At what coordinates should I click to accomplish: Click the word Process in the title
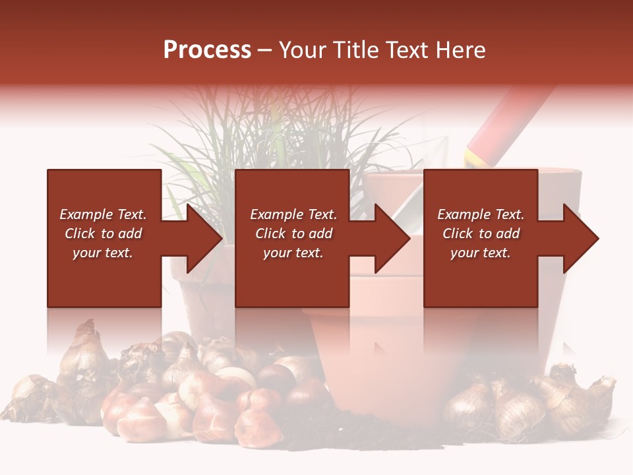[207, 50]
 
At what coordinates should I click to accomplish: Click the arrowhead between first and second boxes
[205, 238]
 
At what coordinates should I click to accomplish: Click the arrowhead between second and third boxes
[393, 238]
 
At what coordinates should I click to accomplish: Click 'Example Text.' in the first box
[103, 214]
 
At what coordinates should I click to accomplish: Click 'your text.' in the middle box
[293, 253]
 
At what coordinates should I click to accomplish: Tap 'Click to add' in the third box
[481, 234]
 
